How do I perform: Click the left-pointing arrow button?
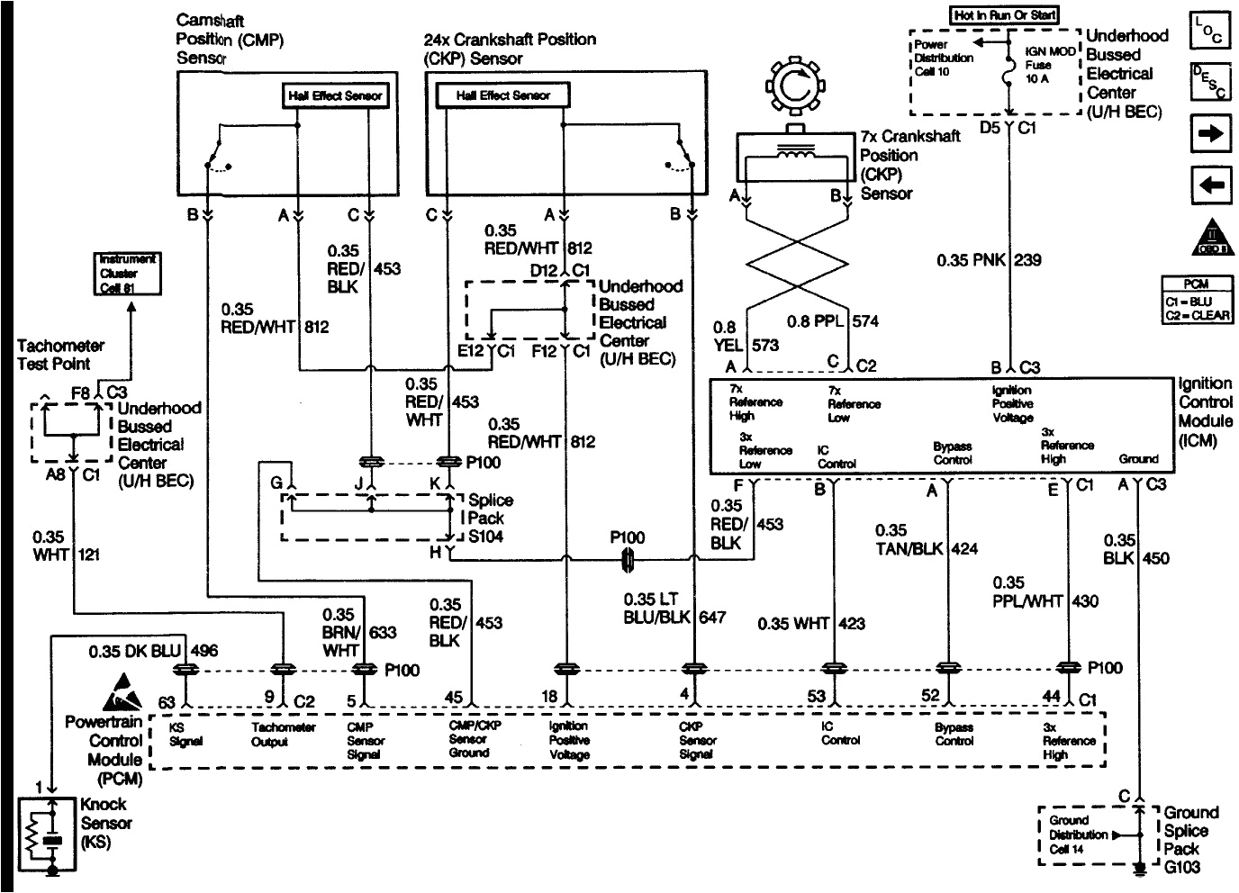pyautogui.click(x=1209, y=185)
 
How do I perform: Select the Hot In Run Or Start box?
pyautogui.click(x=1004, y=15)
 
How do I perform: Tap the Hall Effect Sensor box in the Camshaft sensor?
pyautogui.click(x=335, y=95)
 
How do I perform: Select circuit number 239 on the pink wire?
pyautogui.click(x=1028, y=260)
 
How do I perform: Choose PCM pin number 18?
pyautogui.click(x=549, y=696)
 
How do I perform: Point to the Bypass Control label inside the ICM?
pyautogui.click(x=952, y=453)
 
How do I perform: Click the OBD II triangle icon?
pyautogui.click(x=1209, y=239)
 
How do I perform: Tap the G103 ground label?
pyautogui.click(x=1181, y=867)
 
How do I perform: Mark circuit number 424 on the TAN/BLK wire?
pyautogui.click(x=964, y=548)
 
